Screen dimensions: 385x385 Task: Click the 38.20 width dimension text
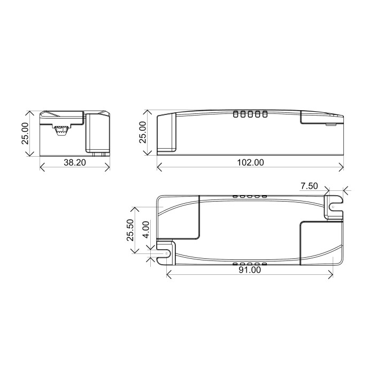[x=75, y=163]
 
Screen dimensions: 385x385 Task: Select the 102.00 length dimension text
[x=250, y=163]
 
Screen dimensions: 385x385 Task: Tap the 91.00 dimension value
[x=249, y=271]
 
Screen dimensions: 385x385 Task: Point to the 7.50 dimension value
[x=309, y=186]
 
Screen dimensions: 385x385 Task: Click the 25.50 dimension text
[x=130, y=229]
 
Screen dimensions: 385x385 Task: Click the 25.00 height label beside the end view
[x=24, y=134]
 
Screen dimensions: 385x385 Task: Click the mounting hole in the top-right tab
[x=333, y=206]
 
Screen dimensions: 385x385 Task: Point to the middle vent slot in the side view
[x=250, y=113]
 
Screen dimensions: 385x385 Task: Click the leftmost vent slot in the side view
[x=236, y=113]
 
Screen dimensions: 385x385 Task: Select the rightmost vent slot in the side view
[x=264, y=113]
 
